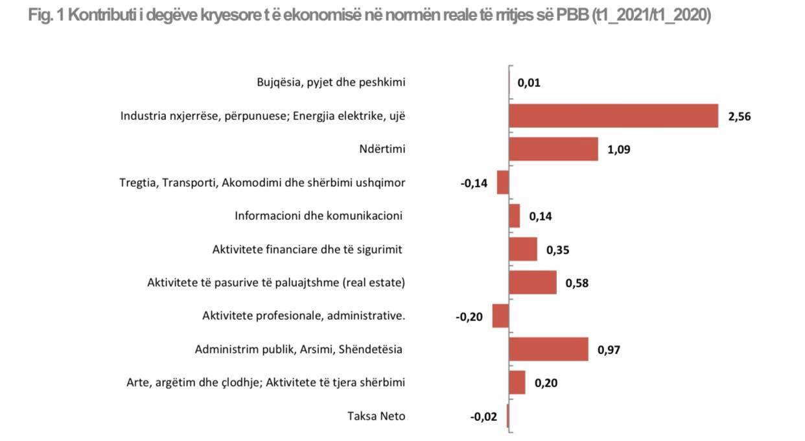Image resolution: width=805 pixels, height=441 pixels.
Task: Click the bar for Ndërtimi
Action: pyautogui.click(x=553, y=149)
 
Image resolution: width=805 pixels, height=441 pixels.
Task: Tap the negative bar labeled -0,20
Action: pyautogui.click(x=500, y=316)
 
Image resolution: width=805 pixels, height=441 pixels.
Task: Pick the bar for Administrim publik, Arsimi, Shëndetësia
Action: pyautogui.click(x=548, y=349)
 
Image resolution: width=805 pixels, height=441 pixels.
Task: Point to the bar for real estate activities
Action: pyautogui.click(x=533, y=283)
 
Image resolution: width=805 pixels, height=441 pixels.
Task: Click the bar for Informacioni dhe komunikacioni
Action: pyautogui.click(x=515, y=216)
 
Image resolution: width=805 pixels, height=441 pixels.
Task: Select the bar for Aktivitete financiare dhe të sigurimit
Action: pyautogui.click(x=523, y=249)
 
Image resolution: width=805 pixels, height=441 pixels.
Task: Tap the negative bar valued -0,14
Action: pyautogui.click(x=503, y=182)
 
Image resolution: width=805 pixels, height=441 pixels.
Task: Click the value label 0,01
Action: pyautogui.click(x=529, y=83)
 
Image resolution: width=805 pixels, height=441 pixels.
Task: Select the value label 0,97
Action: pyautogui.click(x=609, y=350)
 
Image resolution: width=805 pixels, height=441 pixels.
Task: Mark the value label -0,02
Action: pyautogui.click(x=484, y=416)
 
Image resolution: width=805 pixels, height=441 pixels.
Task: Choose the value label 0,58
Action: pyautogui.click(x=577, y=283)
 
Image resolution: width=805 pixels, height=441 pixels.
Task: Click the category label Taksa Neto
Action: pyautogui.click(x=376, y=416)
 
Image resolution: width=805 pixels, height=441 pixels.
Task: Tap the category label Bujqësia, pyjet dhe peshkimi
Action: pyautogui.click(x=331, y=82)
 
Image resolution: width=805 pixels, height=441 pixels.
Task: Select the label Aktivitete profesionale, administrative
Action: pyautogui.click(x=303, y=316)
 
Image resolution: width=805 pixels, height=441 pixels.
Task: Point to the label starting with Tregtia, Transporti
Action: pyautogui.click(x=262, y=182)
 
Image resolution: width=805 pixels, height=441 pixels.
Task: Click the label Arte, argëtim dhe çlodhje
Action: pyautogui.click(x=266, y=383)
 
